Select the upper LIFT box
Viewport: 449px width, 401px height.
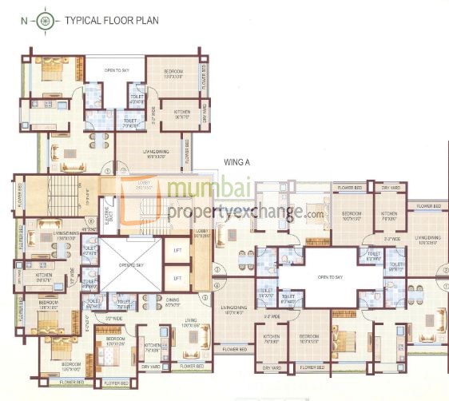tap(177, 251)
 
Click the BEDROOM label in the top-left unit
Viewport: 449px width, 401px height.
tap(173, 73)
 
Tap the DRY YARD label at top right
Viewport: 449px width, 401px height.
tap(390, 189)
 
